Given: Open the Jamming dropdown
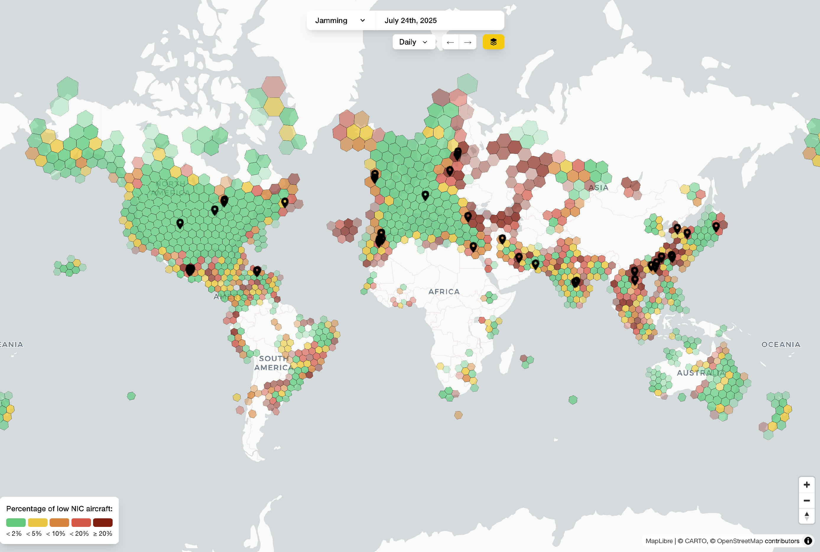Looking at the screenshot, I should coord(340,20).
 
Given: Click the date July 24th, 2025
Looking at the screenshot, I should coord(411,20).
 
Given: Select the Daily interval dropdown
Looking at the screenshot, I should coord(413,42).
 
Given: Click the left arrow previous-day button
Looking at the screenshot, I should coord(450,42).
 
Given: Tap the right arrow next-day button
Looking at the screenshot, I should coord(468,42).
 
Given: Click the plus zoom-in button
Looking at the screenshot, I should coord(806,485).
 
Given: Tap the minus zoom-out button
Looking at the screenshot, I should coord(806,500).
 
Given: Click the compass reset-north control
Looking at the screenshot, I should coord(806,516).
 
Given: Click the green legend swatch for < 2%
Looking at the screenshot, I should coord(16,522).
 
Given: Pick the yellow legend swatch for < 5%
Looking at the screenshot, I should coord(38,522).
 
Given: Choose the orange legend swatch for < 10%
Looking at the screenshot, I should coord(59,522).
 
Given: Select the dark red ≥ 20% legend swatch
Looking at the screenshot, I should coord(103,522).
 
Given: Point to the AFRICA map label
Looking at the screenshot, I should coord(444,292).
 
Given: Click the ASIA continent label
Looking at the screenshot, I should coord(598,188).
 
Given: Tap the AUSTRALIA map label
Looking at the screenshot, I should coord(701,373).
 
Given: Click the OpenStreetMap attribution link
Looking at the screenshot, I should coord(740,541).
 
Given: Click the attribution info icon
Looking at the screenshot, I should coord(808,541).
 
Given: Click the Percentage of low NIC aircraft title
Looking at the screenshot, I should coord(59,508).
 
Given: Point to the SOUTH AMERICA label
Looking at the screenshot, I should coord(274,363).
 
